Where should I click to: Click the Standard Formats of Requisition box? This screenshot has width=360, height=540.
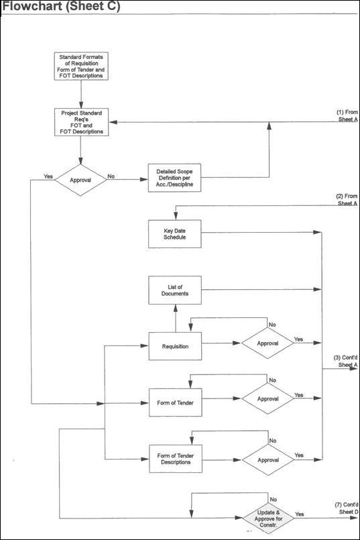pos(81,66)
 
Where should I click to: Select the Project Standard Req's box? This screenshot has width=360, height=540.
pos(81,122)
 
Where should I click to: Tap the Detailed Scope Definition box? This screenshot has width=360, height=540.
pos(174,178)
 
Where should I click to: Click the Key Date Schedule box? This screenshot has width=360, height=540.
pos(175,234)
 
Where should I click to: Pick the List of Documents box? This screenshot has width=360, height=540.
pos(175,290)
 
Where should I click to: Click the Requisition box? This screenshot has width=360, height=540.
pos(175,346)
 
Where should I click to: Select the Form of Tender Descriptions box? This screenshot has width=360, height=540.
pos(176,459)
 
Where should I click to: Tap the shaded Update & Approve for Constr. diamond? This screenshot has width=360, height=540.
pos(268,519)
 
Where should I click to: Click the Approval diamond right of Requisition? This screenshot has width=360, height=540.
pos(267,343)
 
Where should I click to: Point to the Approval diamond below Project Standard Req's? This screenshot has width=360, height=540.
pos(80,180)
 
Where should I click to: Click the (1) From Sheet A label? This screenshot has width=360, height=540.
pos(347,115)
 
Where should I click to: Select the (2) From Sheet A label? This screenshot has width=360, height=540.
pos(347,200)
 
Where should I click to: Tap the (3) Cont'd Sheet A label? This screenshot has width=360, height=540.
pos(345,362)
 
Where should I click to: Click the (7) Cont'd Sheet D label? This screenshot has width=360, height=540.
pos(347,508)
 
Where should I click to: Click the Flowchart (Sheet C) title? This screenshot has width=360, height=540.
pos(62,6)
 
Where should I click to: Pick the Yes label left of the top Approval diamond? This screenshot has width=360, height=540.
pos(48,176)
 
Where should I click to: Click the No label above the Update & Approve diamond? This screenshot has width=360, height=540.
pos(274,499)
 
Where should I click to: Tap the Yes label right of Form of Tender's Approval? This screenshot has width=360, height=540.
pos(299,395)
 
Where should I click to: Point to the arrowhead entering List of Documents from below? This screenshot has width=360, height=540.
pos(176,308)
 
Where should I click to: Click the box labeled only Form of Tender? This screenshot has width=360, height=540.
pos(175,402)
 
